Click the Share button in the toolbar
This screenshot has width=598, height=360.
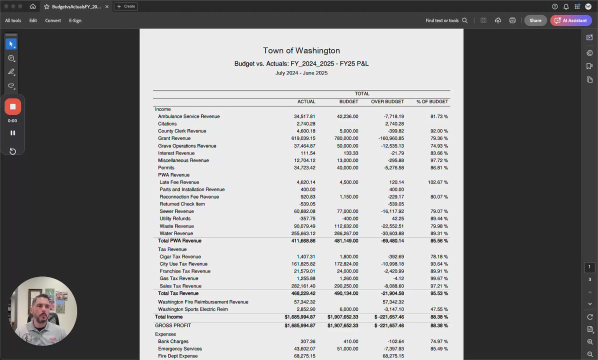tap(535, 20)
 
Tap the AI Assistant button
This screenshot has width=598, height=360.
tap(571, 20)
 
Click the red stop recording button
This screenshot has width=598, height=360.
tap(12, 106)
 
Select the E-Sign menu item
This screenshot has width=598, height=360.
tap(75, 20)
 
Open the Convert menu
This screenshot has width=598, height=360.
tap(53, 20)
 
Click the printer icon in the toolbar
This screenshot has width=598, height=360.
tap(512, 20)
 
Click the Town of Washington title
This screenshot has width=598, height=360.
tap(301, 50)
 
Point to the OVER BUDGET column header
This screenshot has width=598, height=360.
tap(387, 101)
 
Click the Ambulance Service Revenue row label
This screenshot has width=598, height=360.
tap(188, 116)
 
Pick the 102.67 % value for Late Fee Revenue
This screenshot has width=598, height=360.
tap(438, 182)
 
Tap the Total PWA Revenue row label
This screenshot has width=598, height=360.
tap(179, 241)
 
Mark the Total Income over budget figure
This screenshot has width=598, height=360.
tap(389, 317)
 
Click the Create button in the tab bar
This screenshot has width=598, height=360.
tap(126, 6)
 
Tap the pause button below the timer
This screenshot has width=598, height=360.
tap(12, 133)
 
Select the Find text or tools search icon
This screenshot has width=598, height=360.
tap(464, 20)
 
